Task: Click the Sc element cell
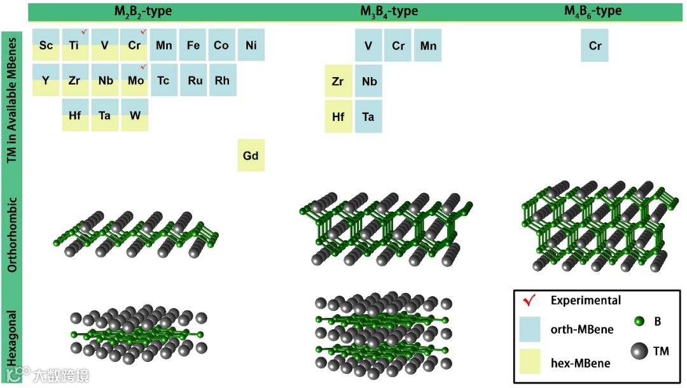click(x=46, y=45)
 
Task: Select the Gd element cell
click(x=251, y=155)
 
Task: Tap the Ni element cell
click(x=251, y=45)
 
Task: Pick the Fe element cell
click(x=193, y=45)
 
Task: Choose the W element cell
click(x=134, y=115)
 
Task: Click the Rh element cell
click(x=222, y=80)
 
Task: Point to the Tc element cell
click(x=163, y=80)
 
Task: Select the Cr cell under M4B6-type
click(x=595, y=46)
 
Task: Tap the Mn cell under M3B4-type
click(x=427, y=46)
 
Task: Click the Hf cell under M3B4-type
click(x=338, y=117)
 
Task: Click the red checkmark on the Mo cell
click(x=143, y=67)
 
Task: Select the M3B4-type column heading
click(x=389, y=11)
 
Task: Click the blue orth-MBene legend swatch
click(x=529, y=329)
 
